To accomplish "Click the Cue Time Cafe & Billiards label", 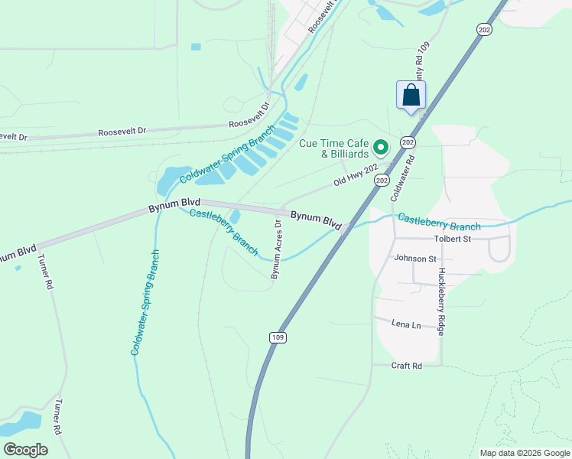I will tap(334, 148).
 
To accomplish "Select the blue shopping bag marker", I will tap(411, 96).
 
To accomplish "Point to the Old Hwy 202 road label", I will tap(356, 176).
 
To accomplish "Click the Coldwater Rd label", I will tap(403, 178).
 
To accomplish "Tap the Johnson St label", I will tap(414, 259).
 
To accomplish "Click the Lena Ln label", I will tap(406, 325).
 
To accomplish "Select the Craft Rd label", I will tap(407, 366).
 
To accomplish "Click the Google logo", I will tap(26, 450).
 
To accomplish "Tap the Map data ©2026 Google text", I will tap(524, 453).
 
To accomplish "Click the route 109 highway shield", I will tap(278, 337).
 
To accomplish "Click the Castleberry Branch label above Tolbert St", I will tap(439, 223).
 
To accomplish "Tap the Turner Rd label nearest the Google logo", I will tap(57, 417).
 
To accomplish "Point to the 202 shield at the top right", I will tap(483, 29).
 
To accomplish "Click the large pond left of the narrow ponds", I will tap(174, 180).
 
